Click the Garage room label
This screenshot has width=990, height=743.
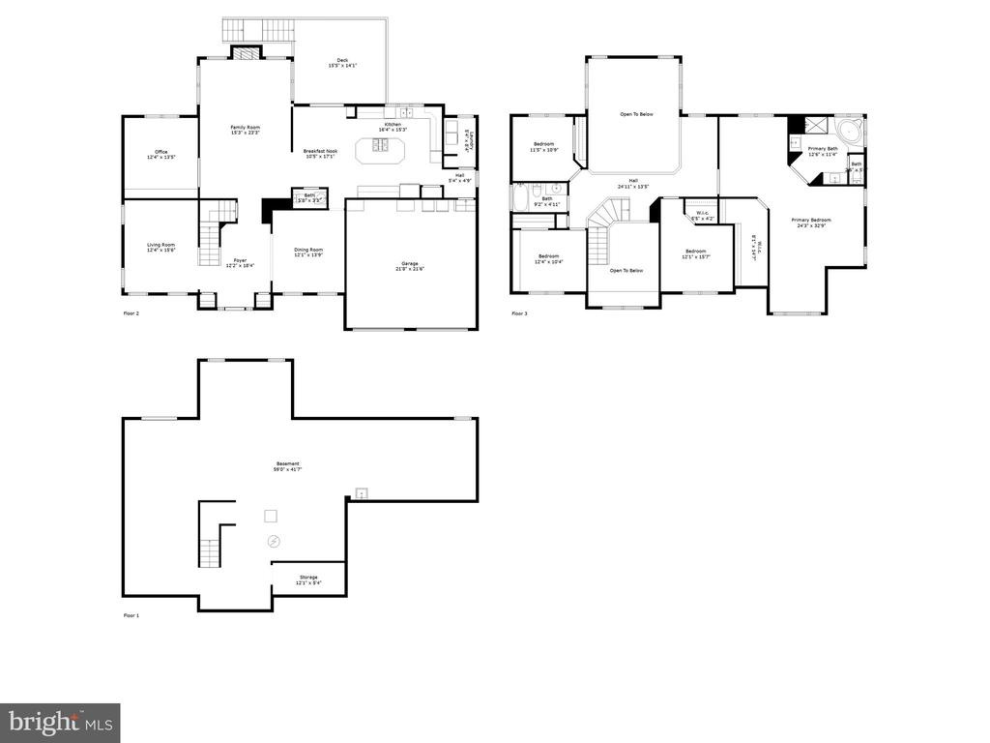[x=411, y=265]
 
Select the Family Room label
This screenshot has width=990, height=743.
[x=245, y=130]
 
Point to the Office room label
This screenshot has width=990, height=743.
[x=161, y=154]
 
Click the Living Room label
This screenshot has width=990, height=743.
[x=160, y=248]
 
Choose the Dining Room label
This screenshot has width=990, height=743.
[x=308, y=252]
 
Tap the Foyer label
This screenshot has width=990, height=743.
[x=240, y=262]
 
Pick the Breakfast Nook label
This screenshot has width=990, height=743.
[x=320, y=153]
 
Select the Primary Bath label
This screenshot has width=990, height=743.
[x=823, y=150]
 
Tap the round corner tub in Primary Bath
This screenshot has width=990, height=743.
[x=850, y=132]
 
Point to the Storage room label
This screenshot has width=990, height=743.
[x=308, y=580]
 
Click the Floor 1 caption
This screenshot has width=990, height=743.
[x=131, y=615]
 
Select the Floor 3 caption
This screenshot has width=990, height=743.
[x=519, y=313]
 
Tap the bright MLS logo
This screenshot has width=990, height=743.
[x=60, y=722]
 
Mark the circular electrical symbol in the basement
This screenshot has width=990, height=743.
[x=274, y=542]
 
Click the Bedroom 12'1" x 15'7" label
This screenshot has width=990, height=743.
[x=695, y=253]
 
